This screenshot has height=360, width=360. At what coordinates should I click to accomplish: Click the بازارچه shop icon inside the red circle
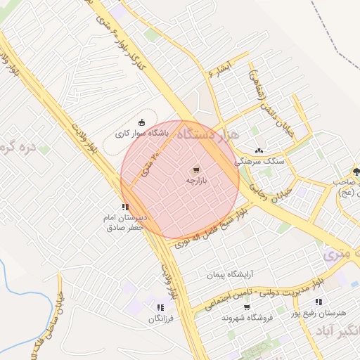195,169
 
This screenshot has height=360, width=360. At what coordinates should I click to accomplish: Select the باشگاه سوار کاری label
138,132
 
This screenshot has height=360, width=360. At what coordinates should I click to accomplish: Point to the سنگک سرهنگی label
261,160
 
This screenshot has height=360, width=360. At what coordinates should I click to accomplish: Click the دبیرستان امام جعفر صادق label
124,222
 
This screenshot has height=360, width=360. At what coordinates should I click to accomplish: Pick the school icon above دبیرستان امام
124,207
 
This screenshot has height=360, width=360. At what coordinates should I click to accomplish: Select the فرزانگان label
160,319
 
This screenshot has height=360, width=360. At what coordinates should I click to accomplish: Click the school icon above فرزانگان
160,307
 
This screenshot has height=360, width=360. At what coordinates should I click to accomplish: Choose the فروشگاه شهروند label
246,318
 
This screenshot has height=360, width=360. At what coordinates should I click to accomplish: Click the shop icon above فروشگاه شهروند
246,307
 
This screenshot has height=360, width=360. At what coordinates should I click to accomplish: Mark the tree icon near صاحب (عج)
356,171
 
